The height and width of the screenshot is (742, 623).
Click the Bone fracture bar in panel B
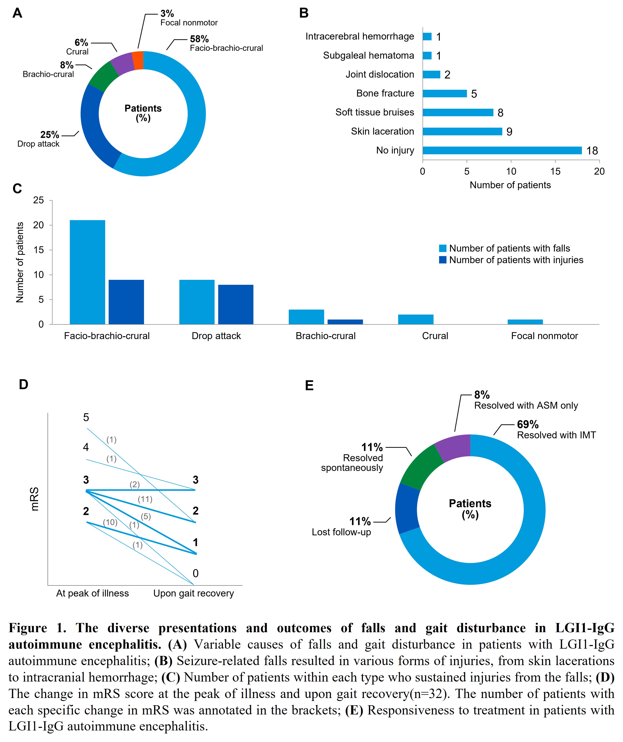pos(445,93)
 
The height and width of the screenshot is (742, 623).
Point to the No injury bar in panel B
pos(502,151)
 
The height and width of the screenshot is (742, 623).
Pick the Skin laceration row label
pos(382,131)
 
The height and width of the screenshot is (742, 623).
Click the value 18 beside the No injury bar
pos(592,151)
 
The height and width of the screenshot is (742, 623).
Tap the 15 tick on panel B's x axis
pos(555,171)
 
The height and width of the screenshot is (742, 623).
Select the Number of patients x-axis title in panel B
pos(510,185)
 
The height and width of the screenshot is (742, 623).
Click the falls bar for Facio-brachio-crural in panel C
pos(87,272)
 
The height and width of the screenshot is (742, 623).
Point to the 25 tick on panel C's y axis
pos(38,200)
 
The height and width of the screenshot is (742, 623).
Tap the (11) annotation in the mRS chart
pos(145,499)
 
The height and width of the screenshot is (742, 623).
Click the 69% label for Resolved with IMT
pos(528,424)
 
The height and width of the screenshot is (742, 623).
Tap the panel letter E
pos(309,385)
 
